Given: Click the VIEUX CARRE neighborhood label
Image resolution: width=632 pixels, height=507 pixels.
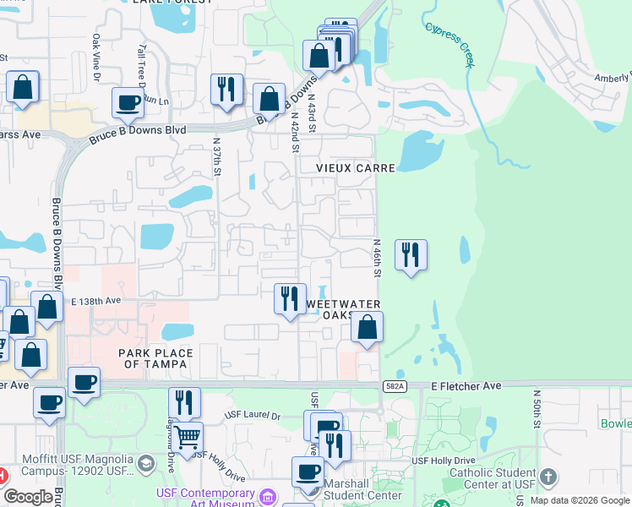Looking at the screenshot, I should click(x=356, y=168).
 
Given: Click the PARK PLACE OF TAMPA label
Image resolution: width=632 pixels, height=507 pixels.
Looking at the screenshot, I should click(x=155, y=358).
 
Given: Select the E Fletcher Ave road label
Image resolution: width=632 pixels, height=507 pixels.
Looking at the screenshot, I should click(x=466, y=385).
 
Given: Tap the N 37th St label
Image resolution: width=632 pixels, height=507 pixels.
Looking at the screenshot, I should click(x=217, y=158).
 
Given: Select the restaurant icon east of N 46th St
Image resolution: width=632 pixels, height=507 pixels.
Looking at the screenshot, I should click(x=411, y=254).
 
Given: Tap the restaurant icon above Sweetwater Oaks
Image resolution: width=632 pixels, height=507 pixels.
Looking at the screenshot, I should click(x=289, y=298).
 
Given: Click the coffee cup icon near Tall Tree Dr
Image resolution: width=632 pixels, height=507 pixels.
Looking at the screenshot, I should click(x=128, y=103).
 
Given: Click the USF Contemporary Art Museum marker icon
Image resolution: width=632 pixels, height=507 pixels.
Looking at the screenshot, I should click(x=269, y=494).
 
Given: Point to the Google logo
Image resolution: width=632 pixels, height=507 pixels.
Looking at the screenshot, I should click(x=28, y=497).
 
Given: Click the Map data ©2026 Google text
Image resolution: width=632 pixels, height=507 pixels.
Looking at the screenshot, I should click(x=580, y=500).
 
